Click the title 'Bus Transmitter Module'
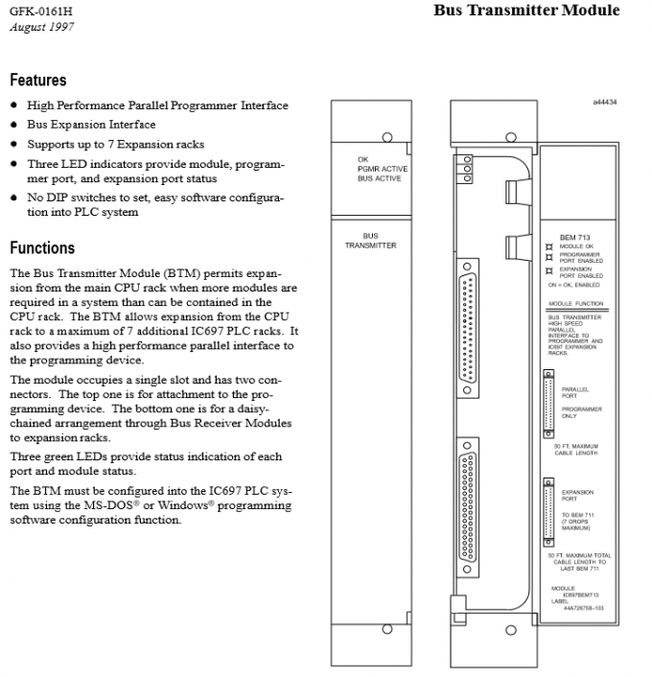click(x=526, y=11)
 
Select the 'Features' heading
click(x=38, y=81)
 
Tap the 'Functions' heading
click(x=42, y=248)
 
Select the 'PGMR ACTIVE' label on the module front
click(x=382, y=169)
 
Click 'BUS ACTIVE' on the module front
click(x=380, y=178)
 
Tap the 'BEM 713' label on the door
click(x=574, y=237)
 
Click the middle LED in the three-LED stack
click(x=466, y=167)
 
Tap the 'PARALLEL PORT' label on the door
click(x=575, y=392)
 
